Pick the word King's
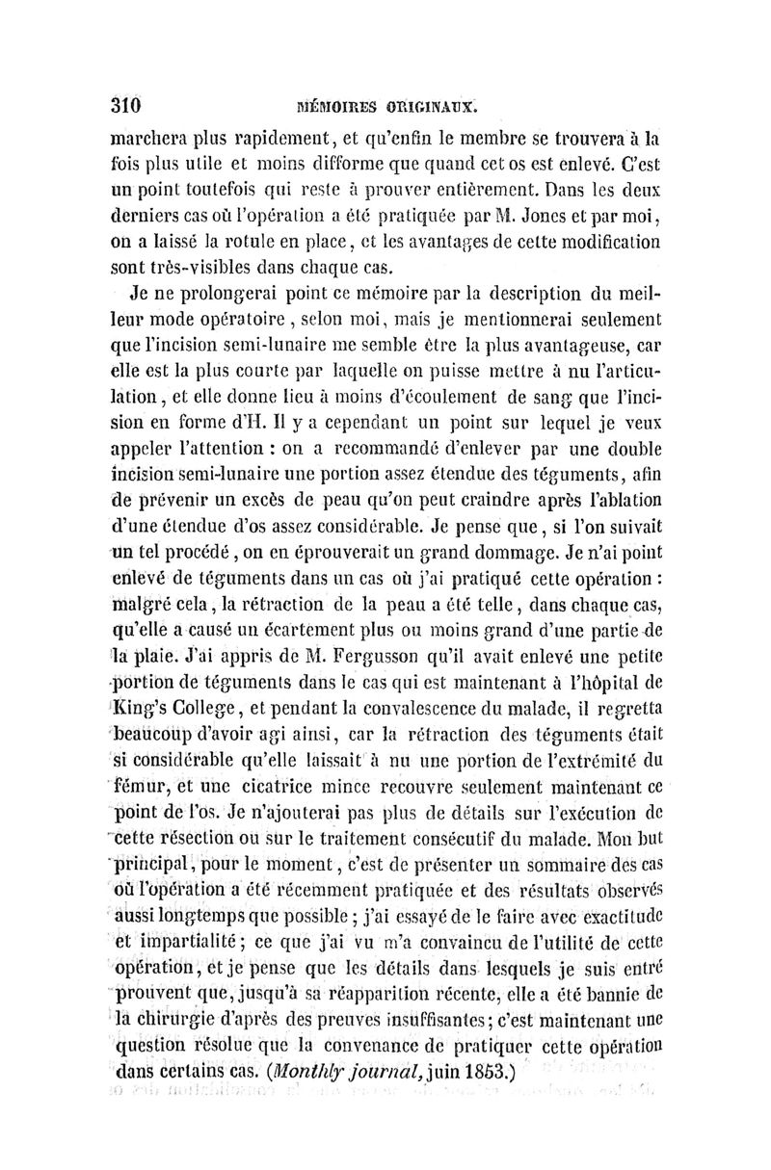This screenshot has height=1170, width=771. (x=145, y=687)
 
